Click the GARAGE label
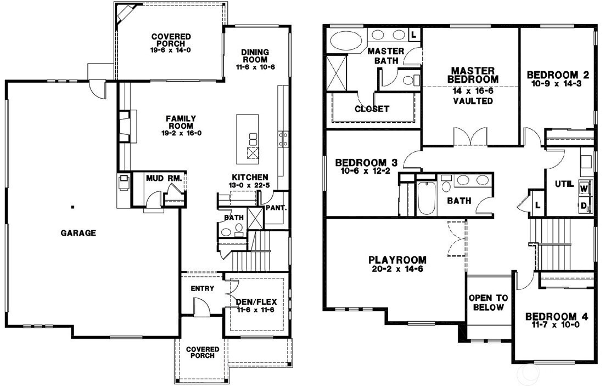(79, 233)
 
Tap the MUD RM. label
(164, 179)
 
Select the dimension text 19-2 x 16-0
(182, 133)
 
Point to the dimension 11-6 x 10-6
(255, 67)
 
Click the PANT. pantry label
(276, 208)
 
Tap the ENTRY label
(202, 288)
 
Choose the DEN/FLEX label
(256, 302)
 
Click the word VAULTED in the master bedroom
(473, 101)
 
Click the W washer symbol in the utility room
(584, 189)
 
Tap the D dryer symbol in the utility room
(584, 206)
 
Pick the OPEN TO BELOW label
(488, 303)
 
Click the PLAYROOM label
(397, 259)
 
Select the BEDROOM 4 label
(557, 317)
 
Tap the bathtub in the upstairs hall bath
(427, 199)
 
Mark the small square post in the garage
(72, 207)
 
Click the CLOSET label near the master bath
(372, 109)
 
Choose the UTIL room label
(564, 184)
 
